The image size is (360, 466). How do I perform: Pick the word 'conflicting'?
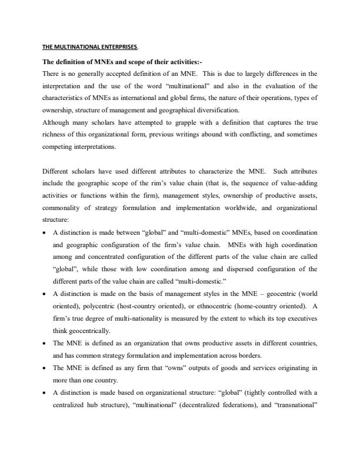point(258,135)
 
